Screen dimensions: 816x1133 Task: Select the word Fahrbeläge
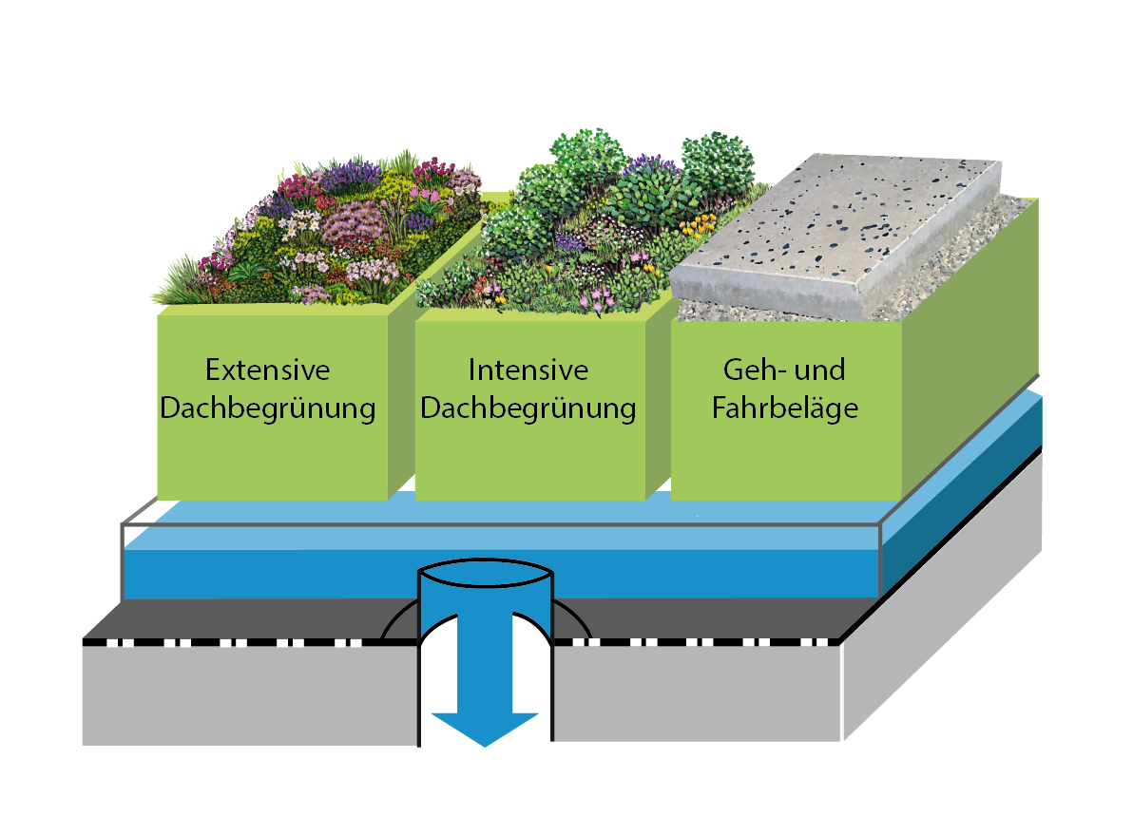pyautogui.click(x=784, y=408)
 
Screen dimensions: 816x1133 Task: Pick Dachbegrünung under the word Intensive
pyautogui.click(x=528, y=408)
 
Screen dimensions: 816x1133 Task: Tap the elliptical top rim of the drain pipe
pyautogui.click(x=486, y=575)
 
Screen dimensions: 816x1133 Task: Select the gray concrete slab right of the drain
pyautogui.click(x=694, y=693)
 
